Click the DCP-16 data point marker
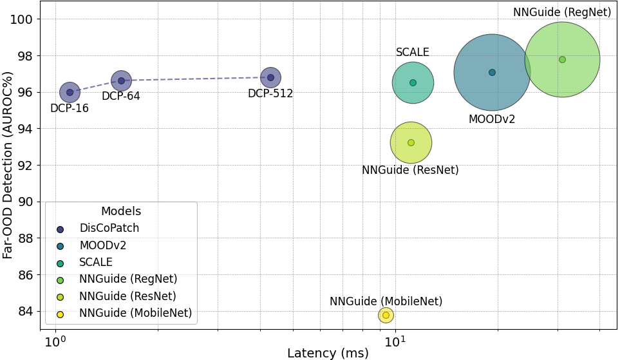70,92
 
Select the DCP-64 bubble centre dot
121,81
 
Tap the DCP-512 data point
270,77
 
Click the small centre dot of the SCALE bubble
413,82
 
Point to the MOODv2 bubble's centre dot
492,72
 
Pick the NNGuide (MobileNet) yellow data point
386,315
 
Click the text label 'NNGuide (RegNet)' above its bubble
561,12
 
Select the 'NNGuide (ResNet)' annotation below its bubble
410,170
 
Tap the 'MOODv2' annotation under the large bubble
492,119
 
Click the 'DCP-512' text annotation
270,93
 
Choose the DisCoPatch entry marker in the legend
61,229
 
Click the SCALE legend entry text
96,262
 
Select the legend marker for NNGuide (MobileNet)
61,314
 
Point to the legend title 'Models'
121,211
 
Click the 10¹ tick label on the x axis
395,340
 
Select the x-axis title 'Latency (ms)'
328,353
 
